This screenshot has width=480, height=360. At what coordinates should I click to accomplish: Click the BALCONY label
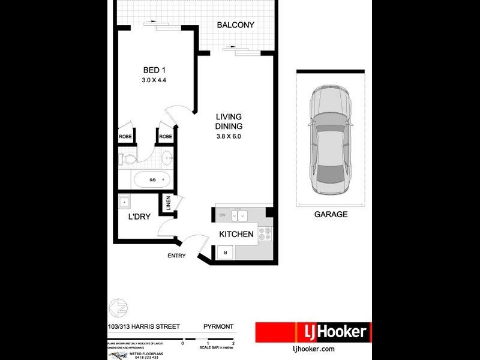(x=236, y=25)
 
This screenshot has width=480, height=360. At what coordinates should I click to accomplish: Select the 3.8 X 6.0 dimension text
(x=229, y=136)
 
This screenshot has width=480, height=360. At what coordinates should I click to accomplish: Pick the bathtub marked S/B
(x=152, y=179)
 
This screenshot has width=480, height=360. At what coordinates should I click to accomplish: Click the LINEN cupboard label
(x=168, y=204)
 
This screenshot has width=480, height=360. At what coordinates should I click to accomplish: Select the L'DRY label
(x=139, y=217)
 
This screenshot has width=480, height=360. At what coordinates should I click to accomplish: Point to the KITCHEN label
(x=236, y=234)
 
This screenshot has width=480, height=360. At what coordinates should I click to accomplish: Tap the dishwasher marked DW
(x=222, y=214)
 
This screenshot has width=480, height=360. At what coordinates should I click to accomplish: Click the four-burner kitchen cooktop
(x=265, y=234)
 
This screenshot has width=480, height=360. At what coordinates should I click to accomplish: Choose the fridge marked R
(x=225, y=253)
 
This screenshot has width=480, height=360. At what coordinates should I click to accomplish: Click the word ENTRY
(x=176, y=256)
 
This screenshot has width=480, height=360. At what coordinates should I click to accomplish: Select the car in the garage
(x=329, y=142)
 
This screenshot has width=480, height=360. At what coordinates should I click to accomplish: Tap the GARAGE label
(x=331, y=214)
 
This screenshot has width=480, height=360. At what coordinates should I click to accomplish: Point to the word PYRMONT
(x=218, y=328)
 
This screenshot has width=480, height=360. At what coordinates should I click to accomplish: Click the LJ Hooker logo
(x=313, y=332)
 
